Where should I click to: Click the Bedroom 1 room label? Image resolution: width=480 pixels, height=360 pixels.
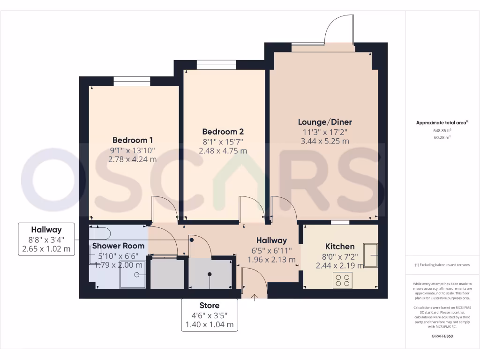coord(133,140)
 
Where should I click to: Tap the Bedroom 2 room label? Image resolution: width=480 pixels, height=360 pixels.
coord(223,132)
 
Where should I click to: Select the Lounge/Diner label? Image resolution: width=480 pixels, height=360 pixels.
coord(325,122)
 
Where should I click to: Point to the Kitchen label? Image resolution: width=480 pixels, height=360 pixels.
coord(340,247)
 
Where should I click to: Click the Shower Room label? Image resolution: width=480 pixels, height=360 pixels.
coord(118,246)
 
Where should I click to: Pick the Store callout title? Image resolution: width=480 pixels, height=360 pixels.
coord(210,305)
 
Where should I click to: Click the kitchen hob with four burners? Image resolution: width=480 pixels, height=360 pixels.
coord(343,280)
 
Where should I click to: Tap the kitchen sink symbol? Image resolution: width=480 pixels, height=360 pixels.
coord(370,255)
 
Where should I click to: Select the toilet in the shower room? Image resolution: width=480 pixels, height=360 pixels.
coord(99,233)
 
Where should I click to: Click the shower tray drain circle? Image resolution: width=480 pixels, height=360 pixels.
coord(137,275)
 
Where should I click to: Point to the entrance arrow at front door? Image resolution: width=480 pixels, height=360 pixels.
coord(254,297)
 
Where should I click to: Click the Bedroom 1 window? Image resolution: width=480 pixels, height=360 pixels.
coord(132,82)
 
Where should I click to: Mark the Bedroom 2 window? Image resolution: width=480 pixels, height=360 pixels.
coord(217,65)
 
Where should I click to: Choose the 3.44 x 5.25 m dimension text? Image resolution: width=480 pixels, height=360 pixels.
coord(325,141)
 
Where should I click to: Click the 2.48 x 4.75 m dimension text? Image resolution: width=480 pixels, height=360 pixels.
coord(223,150)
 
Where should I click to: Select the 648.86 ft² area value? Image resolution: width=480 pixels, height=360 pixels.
coord(442,130)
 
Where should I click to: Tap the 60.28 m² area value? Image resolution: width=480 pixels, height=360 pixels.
coord(442,137)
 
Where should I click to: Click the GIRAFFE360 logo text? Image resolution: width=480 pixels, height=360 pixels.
coord(442,336)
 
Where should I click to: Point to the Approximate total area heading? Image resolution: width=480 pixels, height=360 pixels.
coord(442,123)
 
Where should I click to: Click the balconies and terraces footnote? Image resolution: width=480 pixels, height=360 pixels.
coord(442,265)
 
